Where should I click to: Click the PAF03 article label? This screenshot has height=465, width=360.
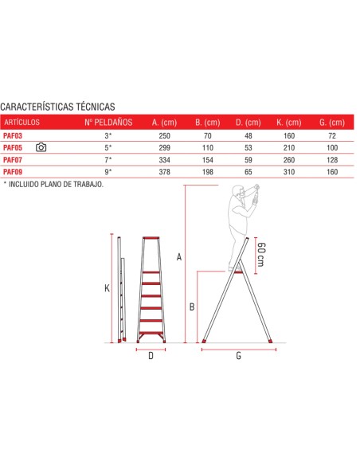pyautogui.click(x=13, y=136)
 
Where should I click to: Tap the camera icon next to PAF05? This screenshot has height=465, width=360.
pyautogui.click(x=41, y=147)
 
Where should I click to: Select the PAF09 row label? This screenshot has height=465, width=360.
pyautogui.click(x=13, y=172)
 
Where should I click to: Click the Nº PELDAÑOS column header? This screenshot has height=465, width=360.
pyautogui.click(x=108, y=122)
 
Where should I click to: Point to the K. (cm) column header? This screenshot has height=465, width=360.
pyautogui.click(x=289, y=123)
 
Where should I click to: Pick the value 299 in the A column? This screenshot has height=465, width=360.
pyautogui.click(x=164, y=147)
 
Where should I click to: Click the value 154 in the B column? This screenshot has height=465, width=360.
pyautogui.click(x=208, y=160)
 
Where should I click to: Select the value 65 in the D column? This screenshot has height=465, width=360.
pyautogui.click(x=248, y=172)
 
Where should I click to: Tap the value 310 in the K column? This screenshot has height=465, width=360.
pyautogui.click(x=289, y=172)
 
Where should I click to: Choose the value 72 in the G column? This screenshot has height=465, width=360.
pyautogui.click(x=332, y=136)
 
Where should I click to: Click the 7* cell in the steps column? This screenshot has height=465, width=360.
pyautogui.click(x=108, y=160)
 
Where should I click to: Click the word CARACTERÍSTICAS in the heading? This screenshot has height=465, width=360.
pyautogui.click(x=37, y=107)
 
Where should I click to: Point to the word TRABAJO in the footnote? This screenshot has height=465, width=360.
pyautogui.click(x=88, y=184)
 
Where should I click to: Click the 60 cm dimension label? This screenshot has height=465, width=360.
pyautogui.click(x=261, y=255)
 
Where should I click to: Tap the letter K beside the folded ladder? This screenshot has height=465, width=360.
pyautogui.click(x=107, y=288)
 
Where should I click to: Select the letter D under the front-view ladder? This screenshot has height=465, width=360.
pyautogui.click(x=151, y=356)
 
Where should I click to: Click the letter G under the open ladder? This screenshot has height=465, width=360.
pyautogui.click(x=238, y=356)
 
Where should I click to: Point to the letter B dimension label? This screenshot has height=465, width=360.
pyautogui.click(x=192, y=307)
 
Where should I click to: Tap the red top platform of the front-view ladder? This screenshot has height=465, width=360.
pyautogui.click(x=151, y=238)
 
